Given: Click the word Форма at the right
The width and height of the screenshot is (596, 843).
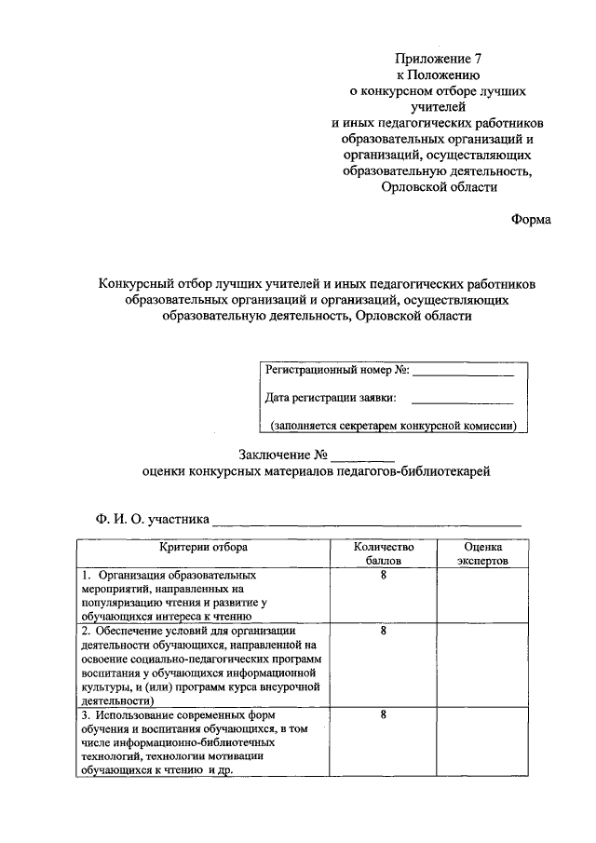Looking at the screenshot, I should (531, 219).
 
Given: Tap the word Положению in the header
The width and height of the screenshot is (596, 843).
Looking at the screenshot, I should (444, 75).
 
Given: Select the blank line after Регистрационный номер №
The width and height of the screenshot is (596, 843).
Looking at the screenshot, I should (463, 374).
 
